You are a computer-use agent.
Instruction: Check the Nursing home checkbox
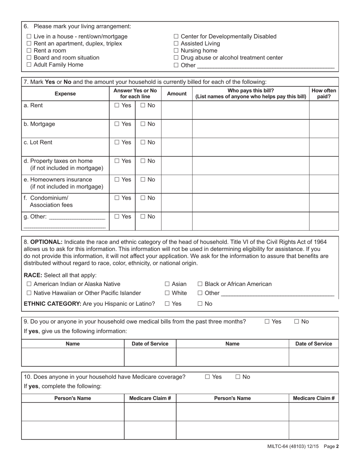(x=176, y=51)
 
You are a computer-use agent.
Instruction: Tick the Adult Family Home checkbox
(x=29, y=65)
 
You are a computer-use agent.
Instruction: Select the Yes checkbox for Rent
(x=117, y=105)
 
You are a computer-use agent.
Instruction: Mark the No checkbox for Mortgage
(x=143, y=124)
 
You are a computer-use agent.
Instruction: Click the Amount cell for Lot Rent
(x=177, y=147)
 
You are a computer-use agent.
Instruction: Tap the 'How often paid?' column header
(x=324, y=94)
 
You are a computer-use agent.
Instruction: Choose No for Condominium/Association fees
(x=143, y=198)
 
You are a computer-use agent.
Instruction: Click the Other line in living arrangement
(x=265, y=65)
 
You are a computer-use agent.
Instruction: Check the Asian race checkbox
(x=167, y=284)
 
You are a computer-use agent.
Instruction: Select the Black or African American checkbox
(x=200, y=284)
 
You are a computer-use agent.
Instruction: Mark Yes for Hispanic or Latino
(x=167, y=303)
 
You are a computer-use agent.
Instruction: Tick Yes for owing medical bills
(x=267, y=321)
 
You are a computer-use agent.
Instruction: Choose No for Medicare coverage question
(x=238, y=377)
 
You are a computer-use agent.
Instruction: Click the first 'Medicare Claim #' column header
(x=150, y=398)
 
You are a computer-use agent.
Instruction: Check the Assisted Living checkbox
(x=176, y=44)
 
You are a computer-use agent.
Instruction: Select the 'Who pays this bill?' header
(x=250, y=91)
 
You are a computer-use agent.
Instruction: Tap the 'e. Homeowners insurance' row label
(x=58, y=180)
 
